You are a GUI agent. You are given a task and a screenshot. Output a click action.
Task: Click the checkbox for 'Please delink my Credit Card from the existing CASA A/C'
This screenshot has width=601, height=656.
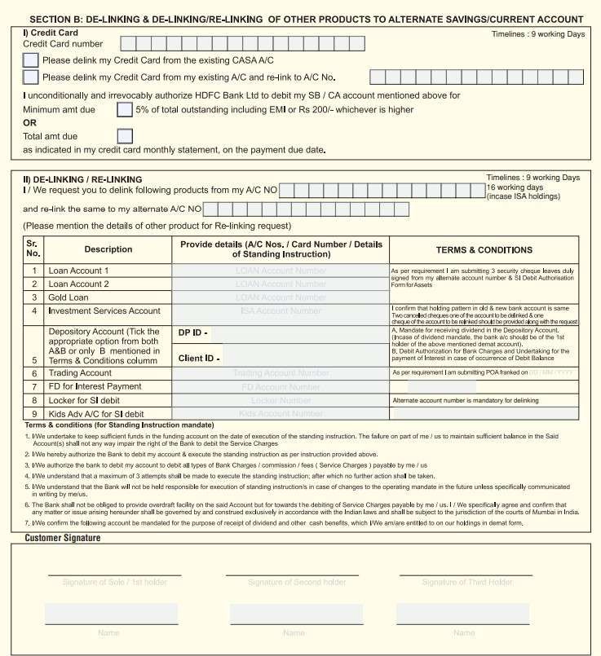[30, 59]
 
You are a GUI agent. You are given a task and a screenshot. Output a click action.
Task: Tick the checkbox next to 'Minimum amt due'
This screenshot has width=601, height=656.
[125, 109]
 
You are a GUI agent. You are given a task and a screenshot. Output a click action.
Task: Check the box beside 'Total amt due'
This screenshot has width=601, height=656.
[125, 136]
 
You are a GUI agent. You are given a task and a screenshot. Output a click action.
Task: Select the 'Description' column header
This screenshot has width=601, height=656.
[108, 249]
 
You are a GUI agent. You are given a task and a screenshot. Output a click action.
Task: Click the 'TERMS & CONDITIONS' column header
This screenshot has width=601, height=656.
[484, 250]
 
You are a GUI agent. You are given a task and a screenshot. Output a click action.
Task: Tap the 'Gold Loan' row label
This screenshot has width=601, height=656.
[68, 297]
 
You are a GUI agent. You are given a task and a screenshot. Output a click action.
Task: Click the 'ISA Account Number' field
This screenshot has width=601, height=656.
[280, 311]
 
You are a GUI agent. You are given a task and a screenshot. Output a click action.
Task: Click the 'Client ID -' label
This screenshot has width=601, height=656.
[199, 358]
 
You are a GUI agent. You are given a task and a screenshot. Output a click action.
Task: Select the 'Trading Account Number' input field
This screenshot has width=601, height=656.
[280, 372]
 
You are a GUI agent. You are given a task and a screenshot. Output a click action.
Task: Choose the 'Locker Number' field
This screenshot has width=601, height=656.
[280, 401]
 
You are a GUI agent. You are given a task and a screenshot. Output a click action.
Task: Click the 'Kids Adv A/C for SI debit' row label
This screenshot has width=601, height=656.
[96, 414]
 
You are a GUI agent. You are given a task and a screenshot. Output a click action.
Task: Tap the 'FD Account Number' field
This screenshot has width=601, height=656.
[280, 386]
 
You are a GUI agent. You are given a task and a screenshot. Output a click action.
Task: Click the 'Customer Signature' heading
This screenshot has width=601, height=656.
[63, 538]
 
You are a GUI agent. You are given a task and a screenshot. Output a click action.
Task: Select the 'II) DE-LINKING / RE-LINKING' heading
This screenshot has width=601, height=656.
[82, 179]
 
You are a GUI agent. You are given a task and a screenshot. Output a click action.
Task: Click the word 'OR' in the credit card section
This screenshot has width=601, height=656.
[30, 122]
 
